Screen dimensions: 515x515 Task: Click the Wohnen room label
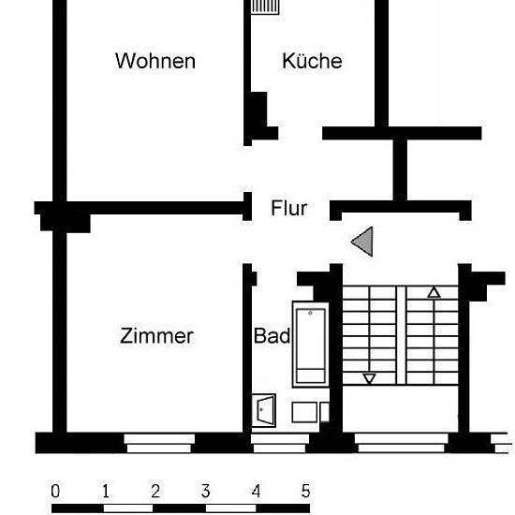(155, 61)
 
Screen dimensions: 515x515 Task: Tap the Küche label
(312, 61)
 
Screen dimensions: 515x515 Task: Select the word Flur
(289, 208)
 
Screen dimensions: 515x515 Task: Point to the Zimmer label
(156, 336)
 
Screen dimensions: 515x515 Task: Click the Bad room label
(272, 335)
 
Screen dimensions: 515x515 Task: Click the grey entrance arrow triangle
(364, 242)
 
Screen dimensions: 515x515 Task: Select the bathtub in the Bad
(310, 345)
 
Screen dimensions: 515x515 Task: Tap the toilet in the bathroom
(264, 410)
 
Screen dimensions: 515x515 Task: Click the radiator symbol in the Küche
(265, 7)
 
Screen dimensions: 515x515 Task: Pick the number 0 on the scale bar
(55, 491)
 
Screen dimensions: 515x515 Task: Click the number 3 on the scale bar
(206, 491)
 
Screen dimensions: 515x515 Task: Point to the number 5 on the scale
(306, 491)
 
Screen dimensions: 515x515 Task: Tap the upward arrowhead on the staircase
(434, 293)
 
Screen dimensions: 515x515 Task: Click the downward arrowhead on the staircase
(369, 378)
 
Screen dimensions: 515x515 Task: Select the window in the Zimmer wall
(159, 443)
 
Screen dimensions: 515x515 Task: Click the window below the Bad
(280, 443)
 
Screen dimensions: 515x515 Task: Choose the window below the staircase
(402, 443)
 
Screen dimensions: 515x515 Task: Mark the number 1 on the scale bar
(106, 491)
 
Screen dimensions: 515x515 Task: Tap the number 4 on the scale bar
(257, 491)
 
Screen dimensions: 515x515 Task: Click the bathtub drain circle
(310, 313)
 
